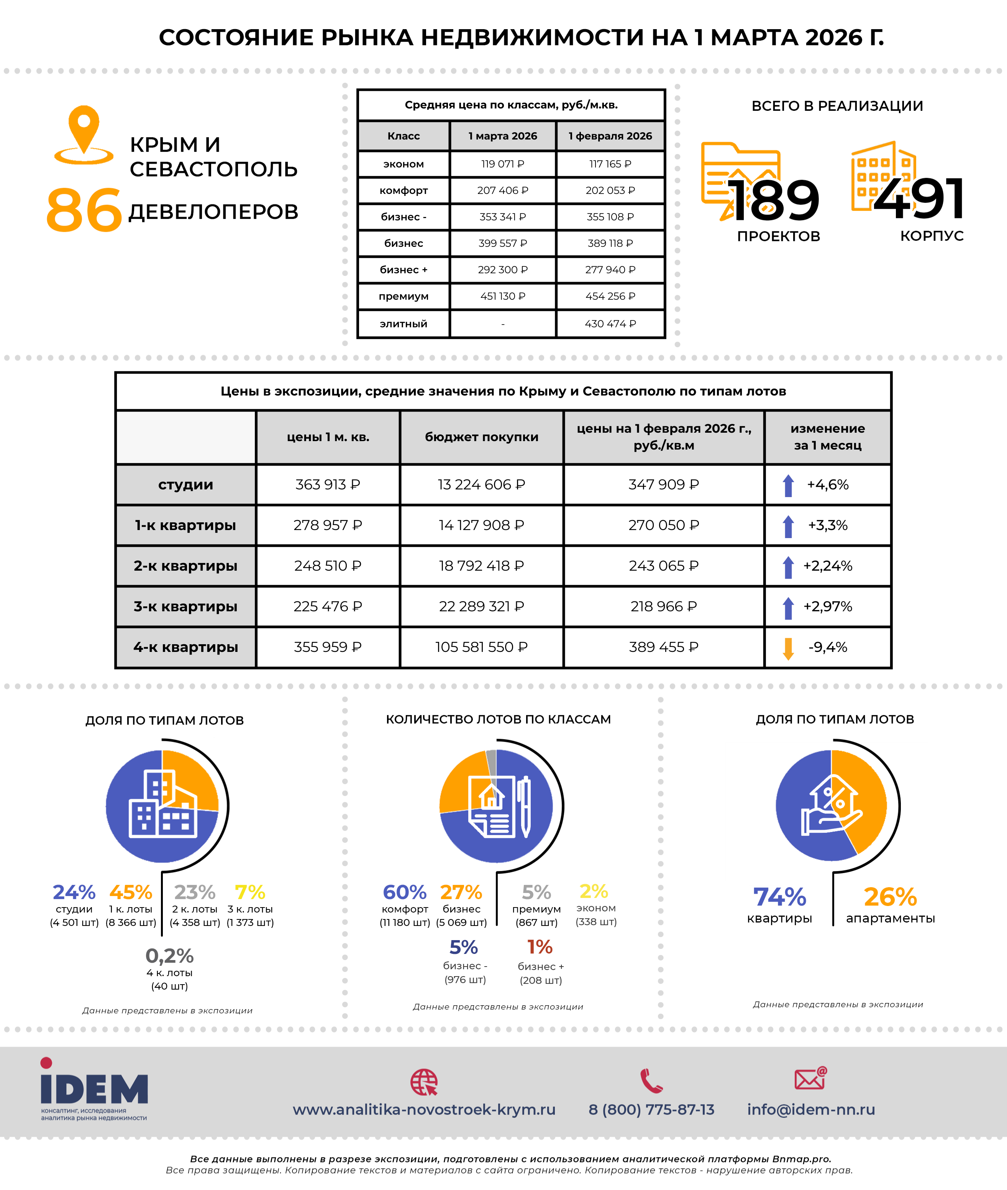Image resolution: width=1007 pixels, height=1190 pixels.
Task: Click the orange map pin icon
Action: click(x=84, y=133)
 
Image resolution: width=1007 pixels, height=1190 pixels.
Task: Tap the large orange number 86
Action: click(x=84, y=210)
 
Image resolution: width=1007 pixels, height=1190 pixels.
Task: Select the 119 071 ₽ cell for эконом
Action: click(x=502, y=164)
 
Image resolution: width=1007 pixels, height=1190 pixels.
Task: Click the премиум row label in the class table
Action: click(x=403, y=296)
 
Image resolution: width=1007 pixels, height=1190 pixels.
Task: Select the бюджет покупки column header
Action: click(x=481, y=437)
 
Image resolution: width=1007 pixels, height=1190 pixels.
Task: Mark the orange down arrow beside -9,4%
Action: click(x=788, y=648)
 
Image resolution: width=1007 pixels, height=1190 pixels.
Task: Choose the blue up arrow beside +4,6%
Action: click(x=788, y=485)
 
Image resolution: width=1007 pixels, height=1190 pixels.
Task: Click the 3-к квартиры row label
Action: click(x=185, y=606)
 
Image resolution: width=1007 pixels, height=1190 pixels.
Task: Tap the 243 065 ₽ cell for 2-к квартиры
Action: click(x=663, y=566)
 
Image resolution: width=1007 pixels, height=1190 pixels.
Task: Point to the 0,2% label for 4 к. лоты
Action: click(x=169, y=955)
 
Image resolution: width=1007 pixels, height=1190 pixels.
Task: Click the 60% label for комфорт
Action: click(x=404, y=892)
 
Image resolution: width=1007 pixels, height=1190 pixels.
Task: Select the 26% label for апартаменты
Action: click(x=890, y=897)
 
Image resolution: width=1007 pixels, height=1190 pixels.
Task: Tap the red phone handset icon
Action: click(x=651, y=1081)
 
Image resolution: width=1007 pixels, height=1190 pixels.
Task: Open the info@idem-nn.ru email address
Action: click(x=811, y=1110)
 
